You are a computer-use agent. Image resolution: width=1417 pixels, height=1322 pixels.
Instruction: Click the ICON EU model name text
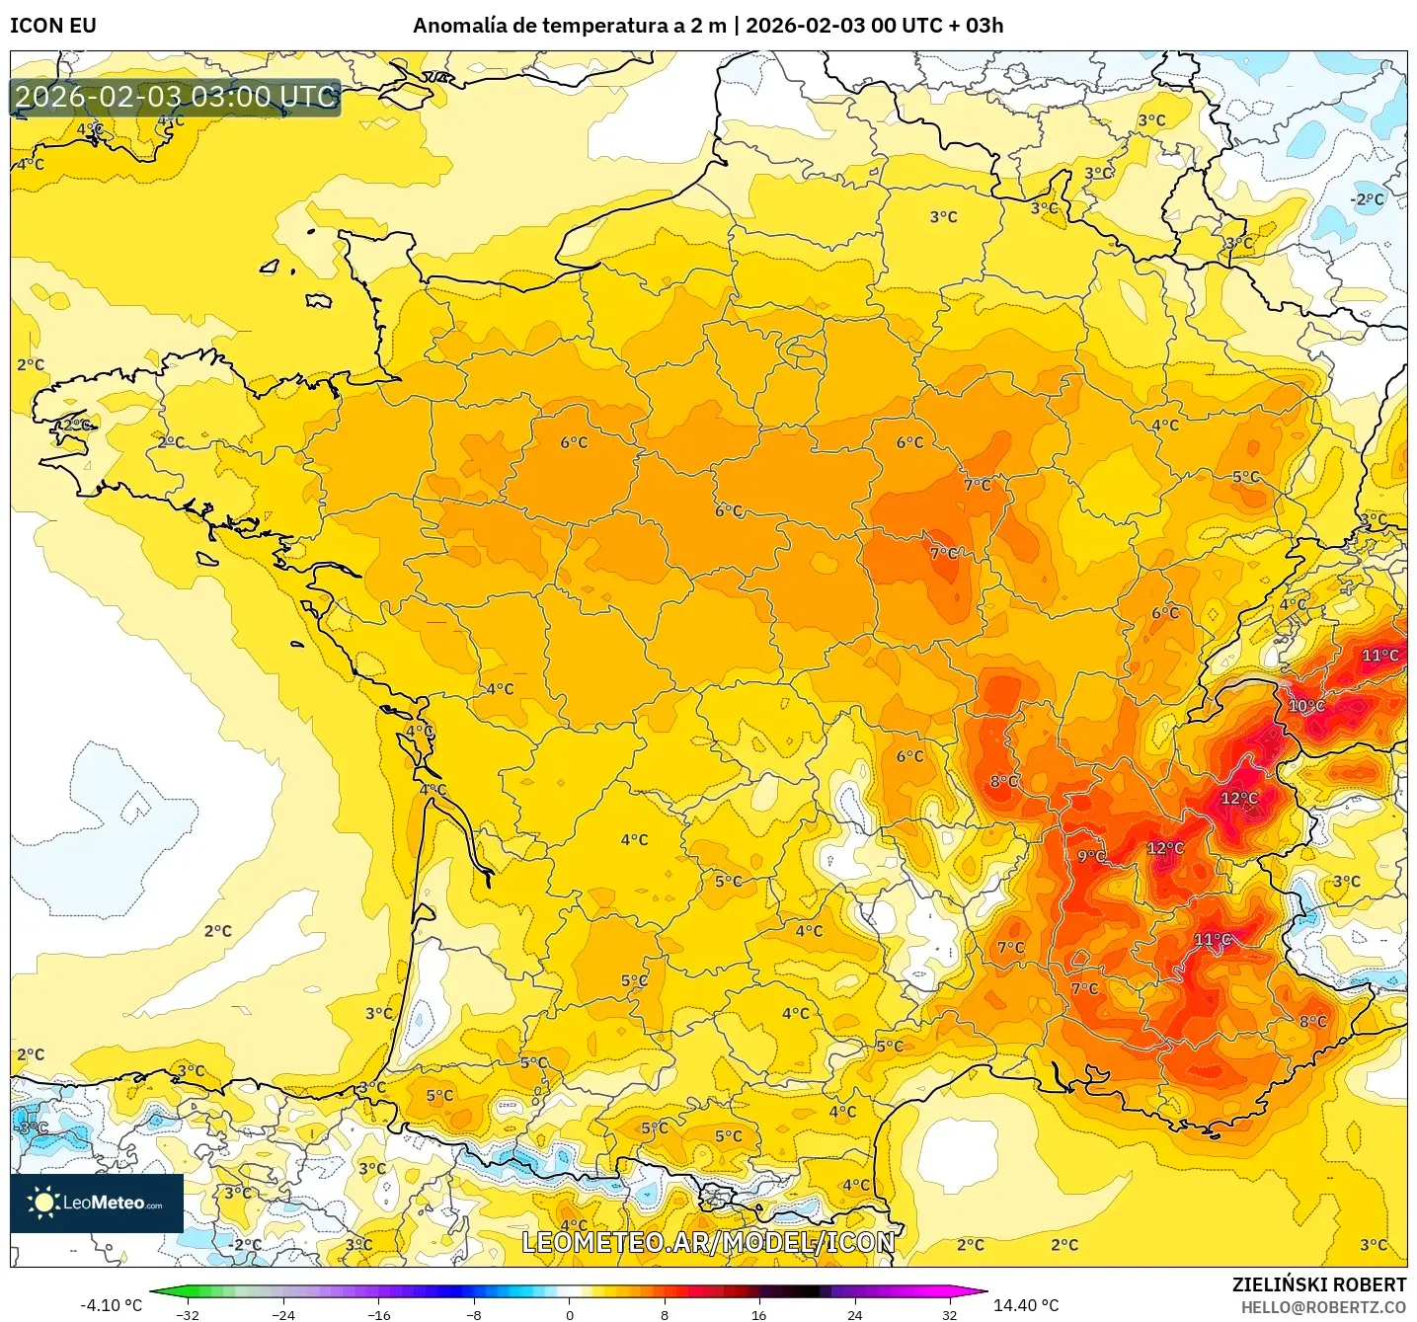click(x=53, y=26)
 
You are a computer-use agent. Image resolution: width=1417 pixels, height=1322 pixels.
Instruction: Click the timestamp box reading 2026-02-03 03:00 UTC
click(x=176, y=97)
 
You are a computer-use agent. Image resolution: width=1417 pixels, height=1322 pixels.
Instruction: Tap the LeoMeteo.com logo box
click(x=97, y=1203)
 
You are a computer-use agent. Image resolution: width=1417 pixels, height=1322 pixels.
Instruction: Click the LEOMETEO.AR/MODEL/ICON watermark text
click(x=708, y=1242)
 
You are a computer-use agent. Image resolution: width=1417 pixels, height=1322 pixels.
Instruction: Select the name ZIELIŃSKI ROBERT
click(x=1318, y=1284)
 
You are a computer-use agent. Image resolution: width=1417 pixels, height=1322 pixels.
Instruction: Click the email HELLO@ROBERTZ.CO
click(x=1323, y=1307)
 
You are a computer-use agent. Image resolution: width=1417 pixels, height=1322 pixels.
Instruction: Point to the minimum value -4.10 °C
click(x=111, y=1305)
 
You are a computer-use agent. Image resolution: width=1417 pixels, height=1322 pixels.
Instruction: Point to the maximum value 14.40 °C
click(x=1026, y=1305)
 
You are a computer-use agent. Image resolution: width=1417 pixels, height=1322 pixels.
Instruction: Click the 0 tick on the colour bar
click(x=570, y=1314)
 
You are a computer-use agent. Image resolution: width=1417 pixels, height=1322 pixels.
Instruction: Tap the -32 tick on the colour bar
click(x=188, y=1314)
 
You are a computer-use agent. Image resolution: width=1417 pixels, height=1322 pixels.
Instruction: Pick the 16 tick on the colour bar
click(x=758, y=1314)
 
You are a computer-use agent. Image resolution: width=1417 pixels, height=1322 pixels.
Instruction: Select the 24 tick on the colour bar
click(x=854, y=1314)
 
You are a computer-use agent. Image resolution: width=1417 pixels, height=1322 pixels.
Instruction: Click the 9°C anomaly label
click(x=1091, y=856)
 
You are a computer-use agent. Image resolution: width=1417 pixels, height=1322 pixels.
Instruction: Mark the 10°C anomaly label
click(x=1306, y=706)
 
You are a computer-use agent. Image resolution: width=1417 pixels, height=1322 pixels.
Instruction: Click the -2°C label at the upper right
click(x=1367, y=199)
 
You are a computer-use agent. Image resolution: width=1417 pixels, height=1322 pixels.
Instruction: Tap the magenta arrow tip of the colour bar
click(x=982, y=1291)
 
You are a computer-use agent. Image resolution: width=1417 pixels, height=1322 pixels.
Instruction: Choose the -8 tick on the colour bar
click(x=474, y=1314)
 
